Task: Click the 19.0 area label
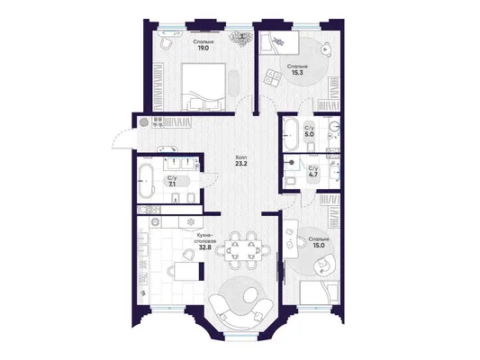coord(203,48)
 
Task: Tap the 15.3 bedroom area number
coord(297,73)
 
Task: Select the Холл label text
coord(240,157)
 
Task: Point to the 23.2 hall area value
coord(241,163)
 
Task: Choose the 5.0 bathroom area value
coord(309,134)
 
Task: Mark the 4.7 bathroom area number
coord(313,175)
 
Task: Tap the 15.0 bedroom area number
coord(319,246)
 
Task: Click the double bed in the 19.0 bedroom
coord(204,86)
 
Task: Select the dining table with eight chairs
coord(243,250)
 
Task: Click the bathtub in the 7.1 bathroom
coord(146,181)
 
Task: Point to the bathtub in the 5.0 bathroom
coord(291,134)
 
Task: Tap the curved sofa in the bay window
coord(240,311)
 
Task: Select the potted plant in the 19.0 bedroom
coord(242,38)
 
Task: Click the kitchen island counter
coord(187,271)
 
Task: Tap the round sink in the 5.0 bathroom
coord(335,126)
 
